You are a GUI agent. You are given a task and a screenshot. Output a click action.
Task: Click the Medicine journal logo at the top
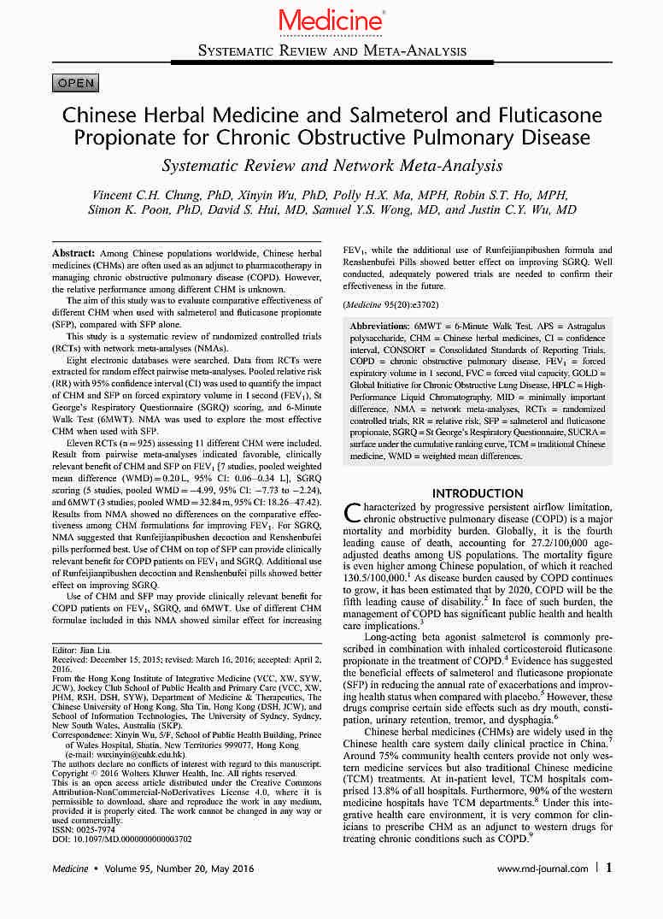(x=331, y=19)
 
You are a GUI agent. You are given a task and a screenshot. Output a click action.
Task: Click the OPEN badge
(x=76, y=83)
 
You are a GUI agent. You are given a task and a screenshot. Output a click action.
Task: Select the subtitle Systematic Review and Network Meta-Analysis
(x=331, y=166)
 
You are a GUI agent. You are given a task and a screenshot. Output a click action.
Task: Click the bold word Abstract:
(x=73, y=255)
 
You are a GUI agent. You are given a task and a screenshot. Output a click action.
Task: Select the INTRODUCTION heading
(x=478, y=493)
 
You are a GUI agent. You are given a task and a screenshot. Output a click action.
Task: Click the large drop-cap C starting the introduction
(x=352, y=513)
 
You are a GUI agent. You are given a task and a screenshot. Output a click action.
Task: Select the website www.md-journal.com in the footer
(x=542, y=869)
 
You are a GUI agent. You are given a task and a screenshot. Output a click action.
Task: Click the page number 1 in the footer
(x=608, y=868)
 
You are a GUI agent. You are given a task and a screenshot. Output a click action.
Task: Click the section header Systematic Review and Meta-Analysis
(x=331, y=50)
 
